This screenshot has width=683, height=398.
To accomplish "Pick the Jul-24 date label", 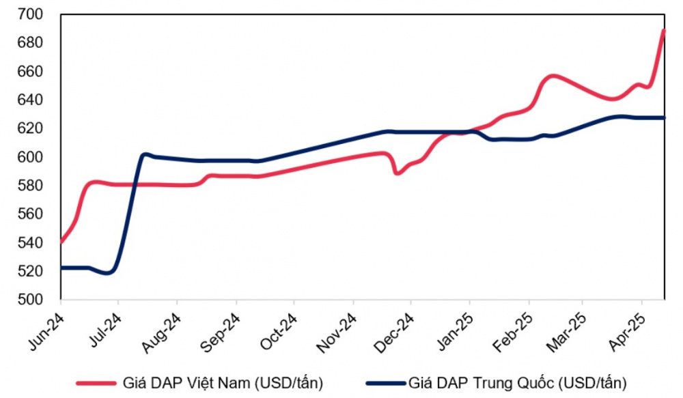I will coord(104,332).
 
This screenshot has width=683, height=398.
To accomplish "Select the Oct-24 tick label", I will coord(279,332).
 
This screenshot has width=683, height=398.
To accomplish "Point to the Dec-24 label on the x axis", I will coord(395,332).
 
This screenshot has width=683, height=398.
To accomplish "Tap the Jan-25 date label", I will coord(454,332).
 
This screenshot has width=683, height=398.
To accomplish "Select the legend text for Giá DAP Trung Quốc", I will coord(516,382).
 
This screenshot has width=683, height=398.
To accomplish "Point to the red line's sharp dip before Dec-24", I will coord(397,173).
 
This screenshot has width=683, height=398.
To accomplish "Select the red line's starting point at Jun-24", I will coord(61,242).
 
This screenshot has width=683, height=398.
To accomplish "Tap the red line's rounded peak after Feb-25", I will coord(552,76).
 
